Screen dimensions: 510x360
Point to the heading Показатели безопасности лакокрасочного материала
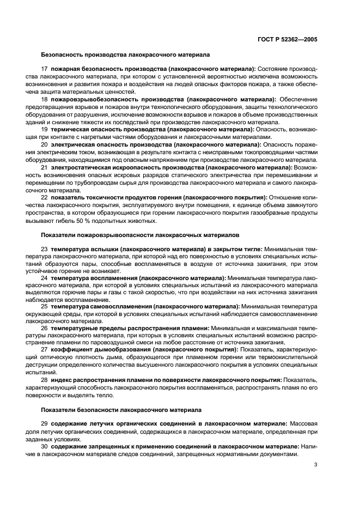(x=121, y=409)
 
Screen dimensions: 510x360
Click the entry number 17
(x=45, y=69)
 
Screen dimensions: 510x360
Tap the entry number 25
(x=45, y=306)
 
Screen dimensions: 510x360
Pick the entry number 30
(x=45, y=446)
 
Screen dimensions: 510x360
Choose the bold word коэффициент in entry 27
(x=71, y=349)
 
